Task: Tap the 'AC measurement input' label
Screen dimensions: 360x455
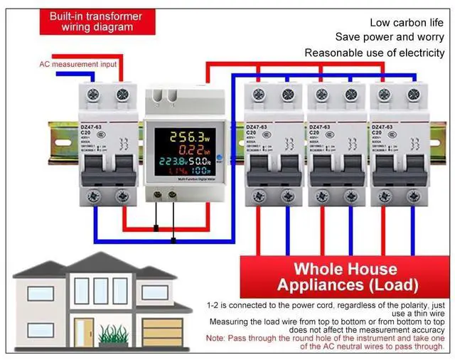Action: tap(79, 64)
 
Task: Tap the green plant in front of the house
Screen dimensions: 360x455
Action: tap(114, 334)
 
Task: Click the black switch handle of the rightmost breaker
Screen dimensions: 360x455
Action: tap(392, 170)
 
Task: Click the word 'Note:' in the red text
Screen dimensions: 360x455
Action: tap(219, 338)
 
